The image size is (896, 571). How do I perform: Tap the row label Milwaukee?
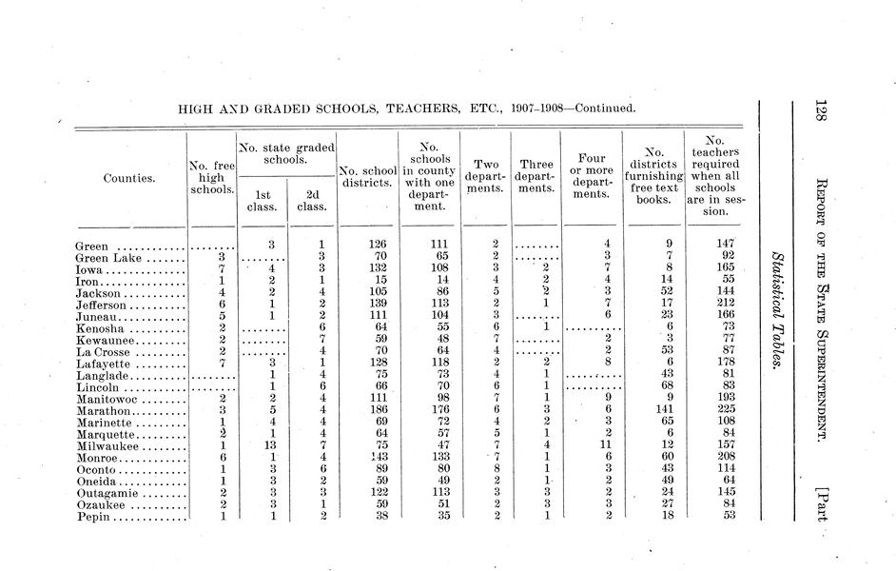[x=107, y=444]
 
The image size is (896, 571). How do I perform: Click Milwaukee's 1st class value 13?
[x=270, y=444]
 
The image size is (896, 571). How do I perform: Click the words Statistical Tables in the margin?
[x=778, y=310]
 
